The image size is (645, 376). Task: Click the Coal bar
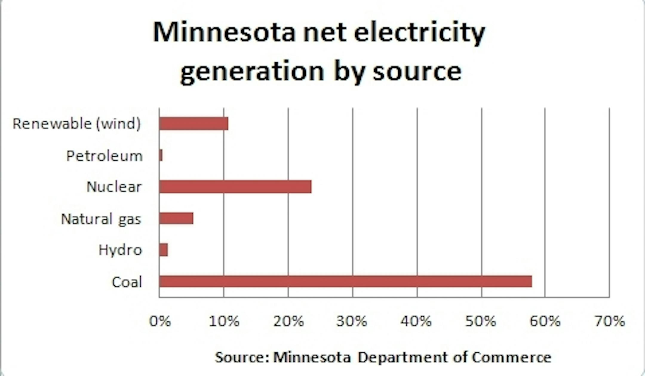[x=345, y=281]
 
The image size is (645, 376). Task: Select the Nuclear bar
[x=235, y=187]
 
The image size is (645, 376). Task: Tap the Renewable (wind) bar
[x=193, y=124]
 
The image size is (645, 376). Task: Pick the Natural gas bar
[x=176, y=218]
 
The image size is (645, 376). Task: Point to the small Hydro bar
[x=163, y=250]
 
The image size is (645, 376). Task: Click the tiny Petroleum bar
[x=161, y=155]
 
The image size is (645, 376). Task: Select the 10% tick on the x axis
[x=224, y=321]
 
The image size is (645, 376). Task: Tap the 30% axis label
[x=352, y=321]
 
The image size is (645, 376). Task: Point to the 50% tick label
[x=481, y=321]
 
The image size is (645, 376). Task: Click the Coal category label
[x=127, y=282]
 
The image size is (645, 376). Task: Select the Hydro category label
[x=120, y=250]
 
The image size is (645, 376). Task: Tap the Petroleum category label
[x=105, y=156]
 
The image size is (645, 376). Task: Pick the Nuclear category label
[x=114, y=187]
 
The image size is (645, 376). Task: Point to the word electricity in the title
[x=420, y=33]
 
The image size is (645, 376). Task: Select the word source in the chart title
[x=417, y=72]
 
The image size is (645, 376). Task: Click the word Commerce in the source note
[x=512, y=357]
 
